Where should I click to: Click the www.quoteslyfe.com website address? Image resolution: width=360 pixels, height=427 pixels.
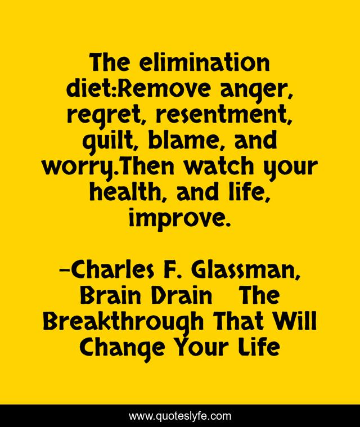coord(179,416)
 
